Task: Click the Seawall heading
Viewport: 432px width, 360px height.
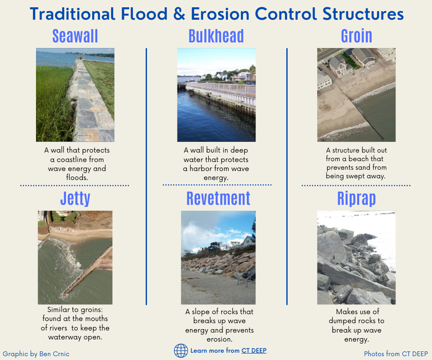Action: pos(75,36)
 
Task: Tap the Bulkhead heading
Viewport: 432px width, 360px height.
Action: pos(216,36)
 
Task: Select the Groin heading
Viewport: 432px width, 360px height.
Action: pos(357,36)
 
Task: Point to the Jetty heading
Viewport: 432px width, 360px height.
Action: pos(75,198)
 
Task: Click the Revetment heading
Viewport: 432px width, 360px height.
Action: pos(218,198)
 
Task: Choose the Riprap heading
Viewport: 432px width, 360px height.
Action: pos(357,198)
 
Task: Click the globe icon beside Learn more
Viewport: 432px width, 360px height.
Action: pos(181,351)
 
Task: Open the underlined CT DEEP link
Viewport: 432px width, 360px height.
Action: pos(254,351)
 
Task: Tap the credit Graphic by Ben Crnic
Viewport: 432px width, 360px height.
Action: pos(36,354)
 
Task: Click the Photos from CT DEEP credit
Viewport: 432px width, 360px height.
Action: pos(396,354)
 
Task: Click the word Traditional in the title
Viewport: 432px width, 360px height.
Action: pos(72,14)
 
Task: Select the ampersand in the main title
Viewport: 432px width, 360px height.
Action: pos(179,14)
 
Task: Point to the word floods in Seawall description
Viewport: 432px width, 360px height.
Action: pos(77,177)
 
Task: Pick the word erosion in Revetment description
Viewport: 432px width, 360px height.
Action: pos(219,339)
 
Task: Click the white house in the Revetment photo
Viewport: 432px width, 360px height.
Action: pos(248,241)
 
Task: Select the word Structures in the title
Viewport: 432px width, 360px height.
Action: pos(363,14)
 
